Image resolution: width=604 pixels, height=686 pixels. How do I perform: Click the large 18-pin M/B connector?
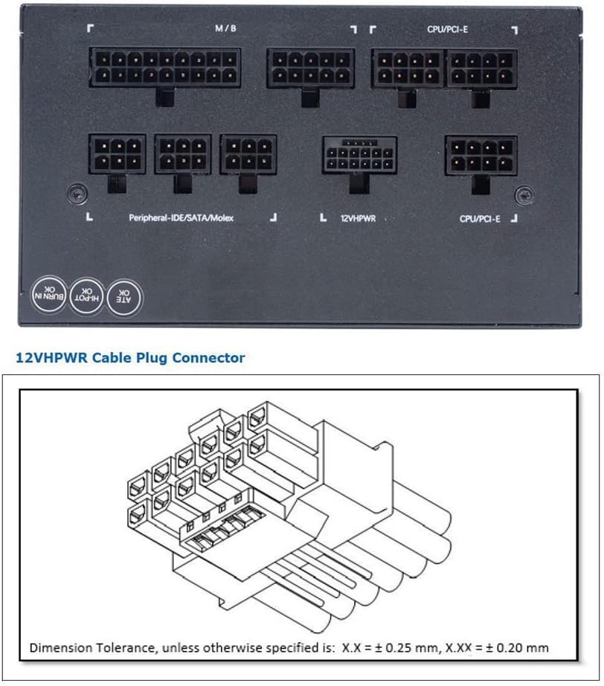coord(165,67)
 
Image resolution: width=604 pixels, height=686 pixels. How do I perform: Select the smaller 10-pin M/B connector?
coord(310,67)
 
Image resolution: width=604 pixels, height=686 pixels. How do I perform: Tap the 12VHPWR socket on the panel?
coord(359,155)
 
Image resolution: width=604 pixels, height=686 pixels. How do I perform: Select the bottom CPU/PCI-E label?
coord(480,219)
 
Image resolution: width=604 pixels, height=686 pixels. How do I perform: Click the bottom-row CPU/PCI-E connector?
coord(481,154)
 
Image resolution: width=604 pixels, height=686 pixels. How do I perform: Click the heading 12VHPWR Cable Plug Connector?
coord(130,358)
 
